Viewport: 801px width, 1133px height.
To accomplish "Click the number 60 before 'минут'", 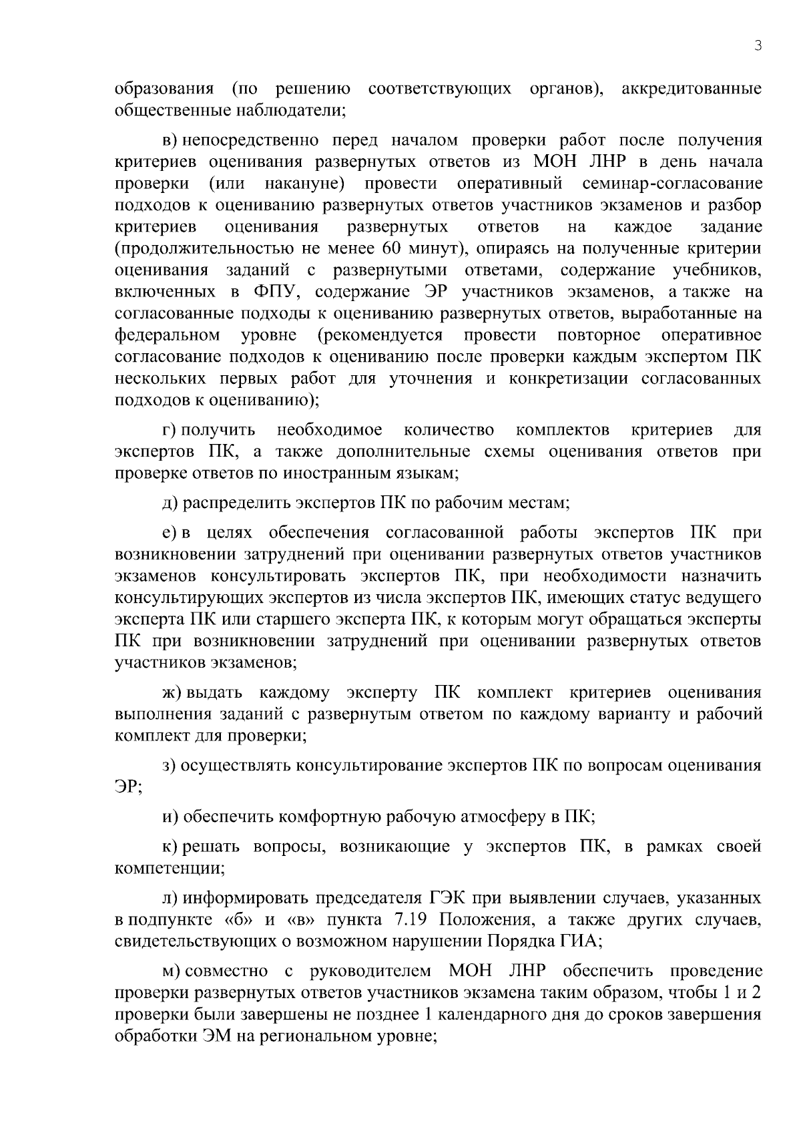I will tap(391, 249).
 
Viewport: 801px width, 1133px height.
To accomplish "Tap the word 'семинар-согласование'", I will tap(672, 184).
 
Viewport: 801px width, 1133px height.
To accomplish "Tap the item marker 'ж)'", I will tap(172, 692).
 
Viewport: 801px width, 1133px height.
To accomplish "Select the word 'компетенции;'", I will tap(170, 869).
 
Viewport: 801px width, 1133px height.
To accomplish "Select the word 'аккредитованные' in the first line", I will tap(692, 89).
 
